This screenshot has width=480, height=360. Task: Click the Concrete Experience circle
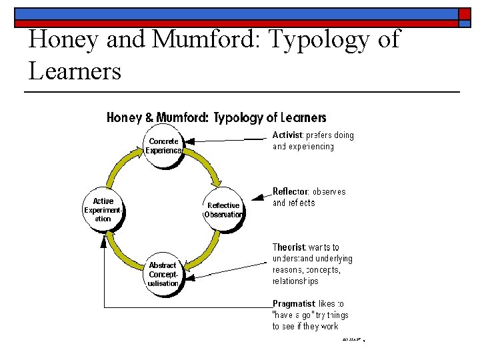163,145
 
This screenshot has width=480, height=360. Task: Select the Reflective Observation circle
223,209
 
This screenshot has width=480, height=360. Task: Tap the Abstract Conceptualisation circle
163,274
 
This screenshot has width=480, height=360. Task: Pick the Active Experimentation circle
103,209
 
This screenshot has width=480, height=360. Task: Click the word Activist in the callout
287,135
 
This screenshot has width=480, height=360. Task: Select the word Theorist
289,247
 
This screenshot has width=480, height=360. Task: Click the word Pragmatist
294,303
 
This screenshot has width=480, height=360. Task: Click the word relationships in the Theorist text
295,281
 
